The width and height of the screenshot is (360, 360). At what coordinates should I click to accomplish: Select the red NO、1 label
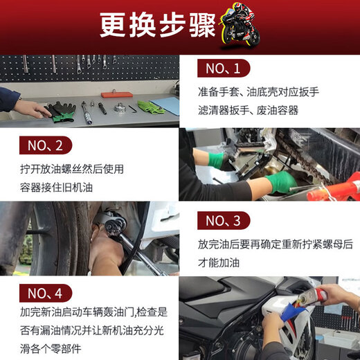point(222,68)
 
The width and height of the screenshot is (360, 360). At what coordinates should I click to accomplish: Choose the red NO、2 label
point(46,145)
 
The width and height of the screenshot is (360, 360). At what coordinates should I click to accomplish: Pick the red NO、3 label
point(223,221)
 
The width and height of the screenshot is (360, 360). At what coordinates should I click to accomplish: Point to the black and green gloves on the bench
point(62,111)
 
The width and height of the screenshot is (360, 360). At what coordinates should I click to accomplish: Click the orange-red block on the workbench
point(116,94)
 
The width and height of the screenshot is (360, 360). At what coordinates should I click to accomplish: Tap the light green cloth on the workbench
point(151,107)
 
